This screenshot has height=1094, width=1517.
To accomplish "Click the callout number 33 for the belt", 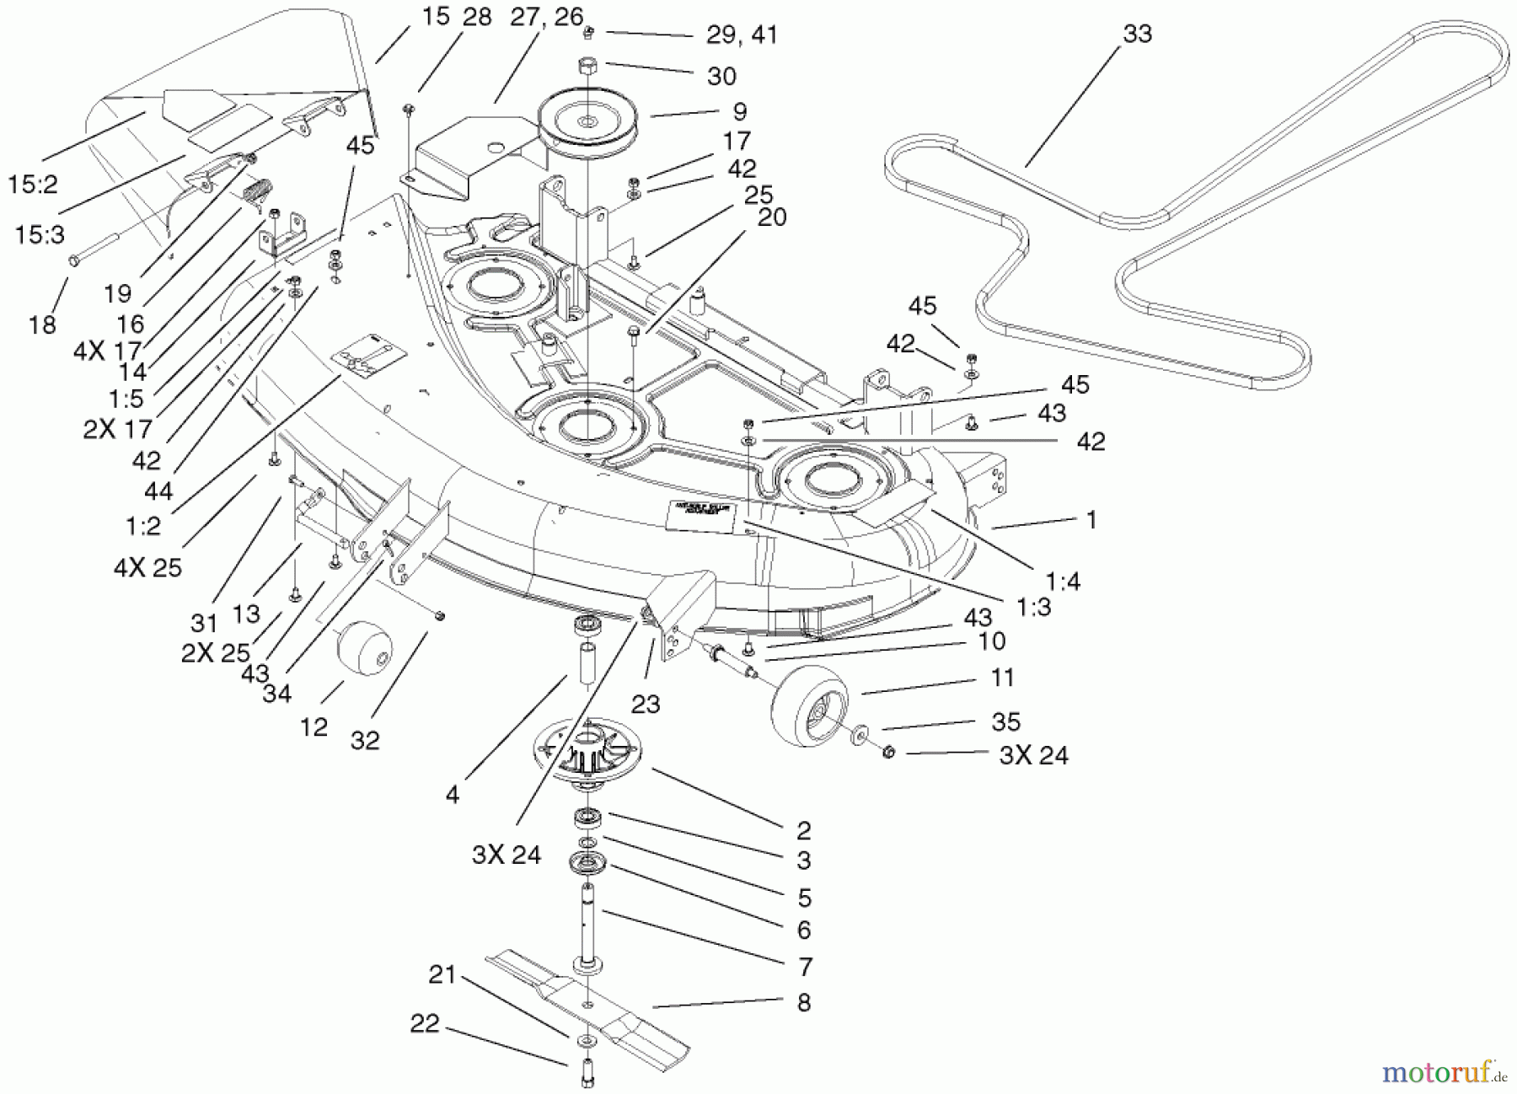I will [1137, 34].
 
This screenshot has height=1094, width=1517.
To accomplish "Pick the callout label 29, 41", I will [741, 35].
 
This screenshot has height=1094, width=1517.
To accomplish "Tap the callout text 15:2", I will [33, 185].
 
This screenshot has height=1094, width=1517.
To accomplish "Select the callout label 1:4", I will [1062, 581].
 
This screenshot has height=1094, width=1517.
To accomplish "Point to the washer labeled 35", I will [859, 732].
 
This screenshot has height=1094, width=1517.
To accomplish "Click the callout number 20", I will [771, 217].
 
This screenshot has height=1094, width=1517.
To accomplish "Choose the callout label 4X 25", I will [147, 567].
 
